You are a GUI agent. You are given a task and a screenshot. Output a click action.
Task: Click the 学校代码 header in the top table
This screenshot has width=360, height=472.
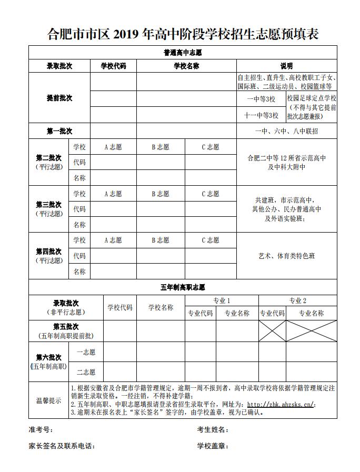pos(113,66)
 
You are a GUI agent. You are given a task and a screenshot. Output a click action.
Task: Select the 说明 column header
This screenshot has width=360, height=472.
pos(287,66)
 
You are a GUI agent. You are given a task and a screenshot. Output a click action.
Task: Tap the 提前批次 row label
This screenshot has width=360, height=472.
pos(59,98)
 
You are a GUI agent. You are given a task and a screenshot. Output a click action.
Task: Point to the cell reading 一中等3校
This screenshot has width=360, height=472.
pos(261,99)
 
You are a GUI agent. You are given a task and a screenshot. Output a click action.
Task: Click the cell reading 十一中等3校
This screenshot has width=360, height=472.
pos(261,115)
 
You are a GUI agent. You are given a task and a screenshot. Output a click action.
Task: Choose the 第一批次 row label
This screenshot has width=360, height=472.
pos(59,131)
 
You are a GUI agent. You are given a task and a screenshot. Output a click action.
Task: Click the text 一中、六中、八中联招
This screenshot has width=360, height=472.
pos(287,132)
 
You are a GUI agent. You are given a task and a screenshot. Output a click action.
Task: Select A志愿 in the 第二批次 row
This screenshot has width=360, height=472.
pos(113,147)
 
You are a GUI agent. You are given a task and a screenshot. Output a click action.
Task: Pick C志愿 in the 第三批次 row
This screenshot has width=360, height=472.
pos(211,194)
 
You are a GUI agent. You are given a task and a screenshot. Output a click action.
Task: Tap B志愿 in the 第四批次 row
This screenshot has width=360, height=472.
pos(161,240)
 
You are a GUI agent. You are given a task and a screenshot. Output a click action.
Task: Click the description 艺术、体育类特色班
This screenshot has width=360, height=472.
pos(287,256)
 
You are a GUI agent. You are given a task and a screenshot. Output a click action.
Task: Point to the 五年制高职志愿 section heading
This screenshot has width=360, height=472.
pos(183,287)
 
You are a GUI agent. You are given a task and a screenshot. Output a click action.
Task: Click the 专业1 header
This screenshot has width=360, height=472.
pos(222,300)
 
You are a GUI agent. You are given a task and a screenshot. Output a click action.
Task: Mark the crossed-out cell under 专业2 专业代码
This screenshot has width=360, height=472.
pos(272,330)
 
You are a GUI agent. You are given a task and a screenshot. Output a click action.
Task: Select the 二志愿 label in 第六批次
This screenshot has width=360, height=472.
pos(86,373)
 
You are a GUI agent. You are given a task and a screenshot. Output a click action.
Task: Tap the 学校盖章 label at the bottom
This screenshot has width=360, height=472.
pos(212,446)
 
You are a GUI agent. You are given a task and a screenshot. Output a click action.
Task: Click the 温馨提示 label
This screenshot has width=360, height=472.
pos(48,400)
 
